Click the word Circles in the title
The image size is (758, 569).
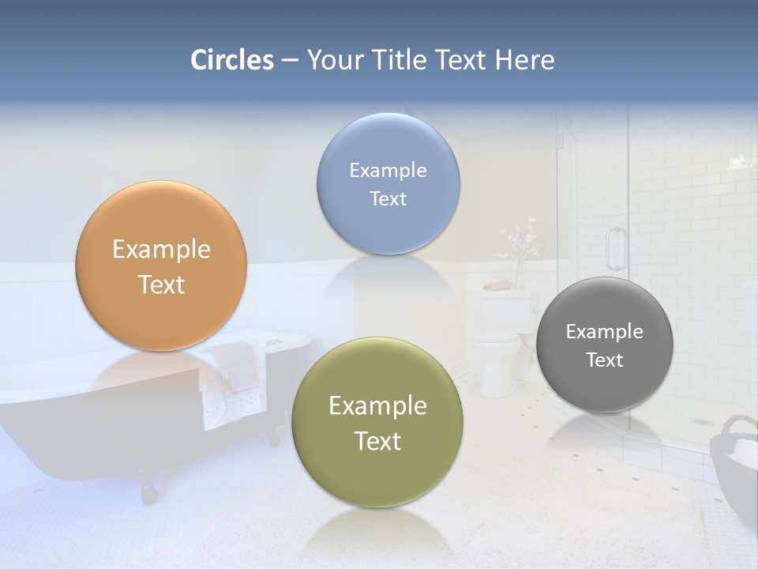232,60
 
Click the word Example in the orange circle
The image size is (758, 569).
161,250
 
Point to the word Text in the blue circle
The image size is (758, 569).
388,198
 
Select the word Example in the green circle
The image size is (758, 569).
377,406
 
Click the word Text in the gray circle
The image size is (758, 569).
605,360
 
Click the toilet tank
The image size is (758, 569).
505,311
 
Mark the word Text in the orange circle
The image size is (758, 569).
161,285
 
